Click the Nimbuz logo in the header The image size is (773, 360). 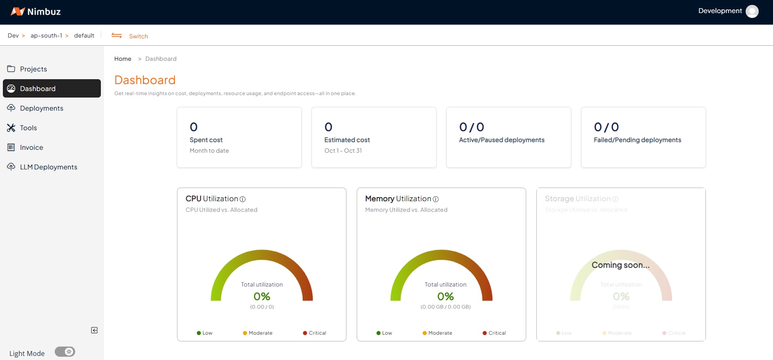click(x=36, y=11)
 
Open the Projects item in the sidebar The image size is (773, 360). click(x=33, y=69)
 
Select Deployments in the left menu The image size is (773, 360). click(x=41, y=108)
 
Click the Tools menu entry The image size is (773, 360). click(x=28, y=128)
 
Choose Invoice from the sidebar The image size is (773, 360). click(x=31, y=147)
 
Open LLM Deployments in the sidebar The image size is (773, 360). click(x=48, y=167)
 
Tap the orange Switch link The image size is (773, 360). click(x=138, y=36)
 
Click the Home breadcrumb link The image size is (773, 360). click(x=123, y=59)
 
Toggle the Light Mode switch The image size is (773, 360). click(x=65, y=352)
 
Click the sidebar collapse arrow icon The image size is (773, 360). click(x=94, y=330)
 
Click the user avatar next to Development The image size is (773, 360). click(x=752, y=11)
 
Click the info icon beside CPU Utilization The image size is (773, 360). click(x=243, y=199)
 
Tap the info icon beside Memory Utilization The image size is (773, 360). click(x=436, y=199)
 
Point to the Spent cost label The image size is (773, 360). click(x=206, y=140)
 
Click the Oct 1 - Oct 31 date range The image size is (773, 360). click(x=343, y=151)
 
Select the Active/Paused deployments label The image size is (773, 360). click(x=501, y=140)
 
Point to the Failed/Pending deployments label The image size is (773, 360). click(x=637, y=140)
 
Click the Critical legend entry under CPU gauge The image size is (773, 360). click(x=315, y=333)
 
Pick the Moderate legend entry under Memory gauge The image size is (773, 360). click(x=437, y=333)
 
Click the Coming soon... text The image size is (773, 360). click(x=620, y=265)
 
